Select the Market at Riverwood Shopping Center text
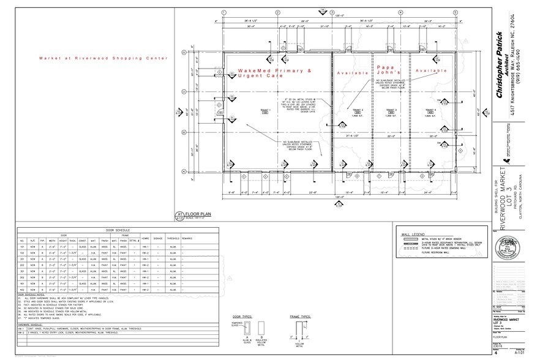(x=103, y=58)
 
